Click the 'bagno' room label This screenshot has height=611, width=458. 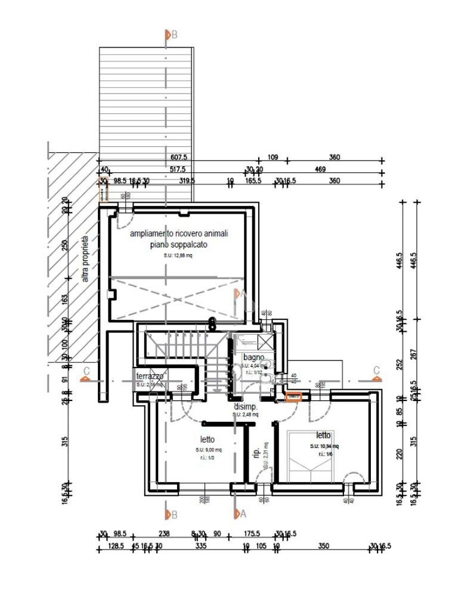coord(253,357)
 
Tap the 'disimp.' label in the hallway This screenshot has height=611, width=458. coord(245,406)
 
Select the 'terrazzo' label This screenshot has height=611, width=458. coord(150,377)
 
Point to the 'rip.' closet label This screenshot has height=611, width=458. coord(256,451)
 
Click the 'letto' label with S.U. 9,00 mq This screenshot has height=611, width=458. coord(208,439)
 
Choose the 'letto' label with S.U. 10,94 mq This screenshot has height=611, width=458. coord(323,435)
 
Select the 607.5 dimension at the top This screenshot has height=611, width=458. coord(178,158)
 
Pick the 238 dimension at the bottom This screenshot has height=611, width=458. coord(165,534)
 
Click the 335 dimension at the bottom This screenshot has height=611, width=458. coord(200,546)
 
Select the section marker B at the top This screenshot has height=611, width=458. coord(171,35)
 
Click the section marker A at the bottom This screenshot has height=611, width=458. coord(240,513)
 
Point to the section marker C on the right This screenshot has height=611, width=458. coord(376,371)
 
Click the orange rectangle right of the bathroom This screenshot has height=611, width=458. coord(295,396)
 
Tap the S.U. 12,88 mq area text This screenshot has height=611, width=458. coord(178,255)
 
